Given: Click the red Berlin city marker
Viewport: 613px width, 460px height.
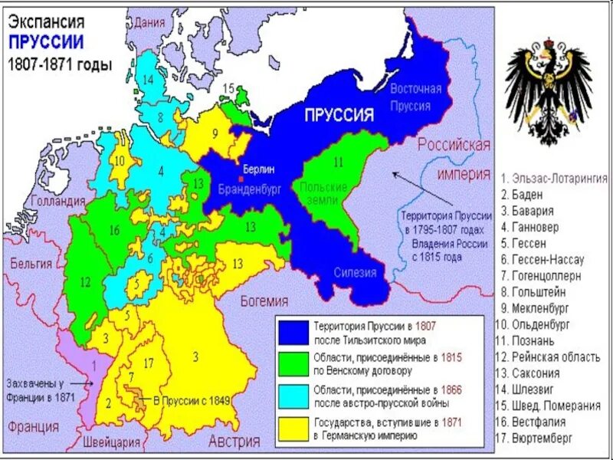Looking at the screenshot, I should pyautogui.click(x=241, y=179).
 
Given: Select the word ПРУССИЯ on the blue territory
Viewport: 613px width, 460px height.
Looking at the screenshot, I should pyautogui.click(x=339, y=116).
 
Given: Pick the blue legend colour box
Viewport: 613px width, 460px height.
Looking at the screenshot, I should pyautogui.click(x=293, y=331).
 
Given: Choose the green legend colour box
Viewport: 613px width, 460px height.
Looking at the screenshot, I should pyautogui.click(x=293, y=364).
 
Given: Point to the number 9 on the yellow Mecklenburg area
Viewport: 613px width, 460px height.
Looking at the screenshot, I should pyautogui.click(x=215, y=133).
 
